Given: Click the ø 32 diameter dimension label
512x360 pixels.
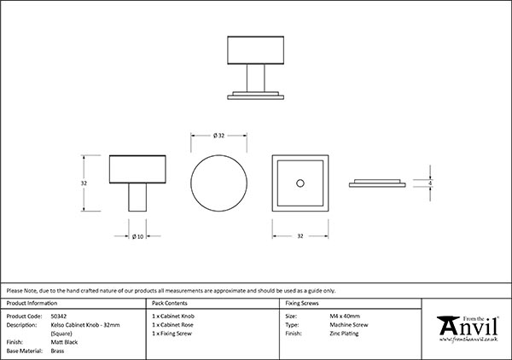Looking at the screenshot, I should click(218, 135).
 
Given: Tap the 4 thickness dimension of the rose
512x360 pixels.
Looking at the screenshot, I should click(431, 183).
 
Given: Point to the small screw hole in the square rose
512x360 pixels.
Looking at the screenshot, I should click(299, 183).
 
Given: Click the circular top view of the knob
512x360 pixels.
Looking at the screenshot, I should click(218, 183).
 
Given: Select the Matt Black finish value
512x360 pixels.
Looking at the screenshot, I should click(64, 341).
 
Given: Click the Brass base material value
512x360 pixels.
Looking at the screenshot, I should click(57, 350).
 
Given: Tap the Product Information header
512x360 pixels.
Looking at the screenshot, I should click(32, 304).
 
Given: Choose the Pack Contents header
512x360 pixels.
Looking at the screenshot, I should click(171, 304).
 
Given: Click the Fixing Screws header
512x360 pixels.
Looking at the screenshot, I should click(302, 304).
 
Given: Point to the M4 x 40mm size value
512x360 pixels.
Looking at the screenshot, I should click(345, 316).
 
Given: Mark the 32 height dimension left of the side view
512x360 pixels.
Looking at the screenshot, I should click(84, 183).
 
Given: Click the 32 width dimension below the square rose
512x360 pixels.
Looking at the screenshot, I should click(300, 236).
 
